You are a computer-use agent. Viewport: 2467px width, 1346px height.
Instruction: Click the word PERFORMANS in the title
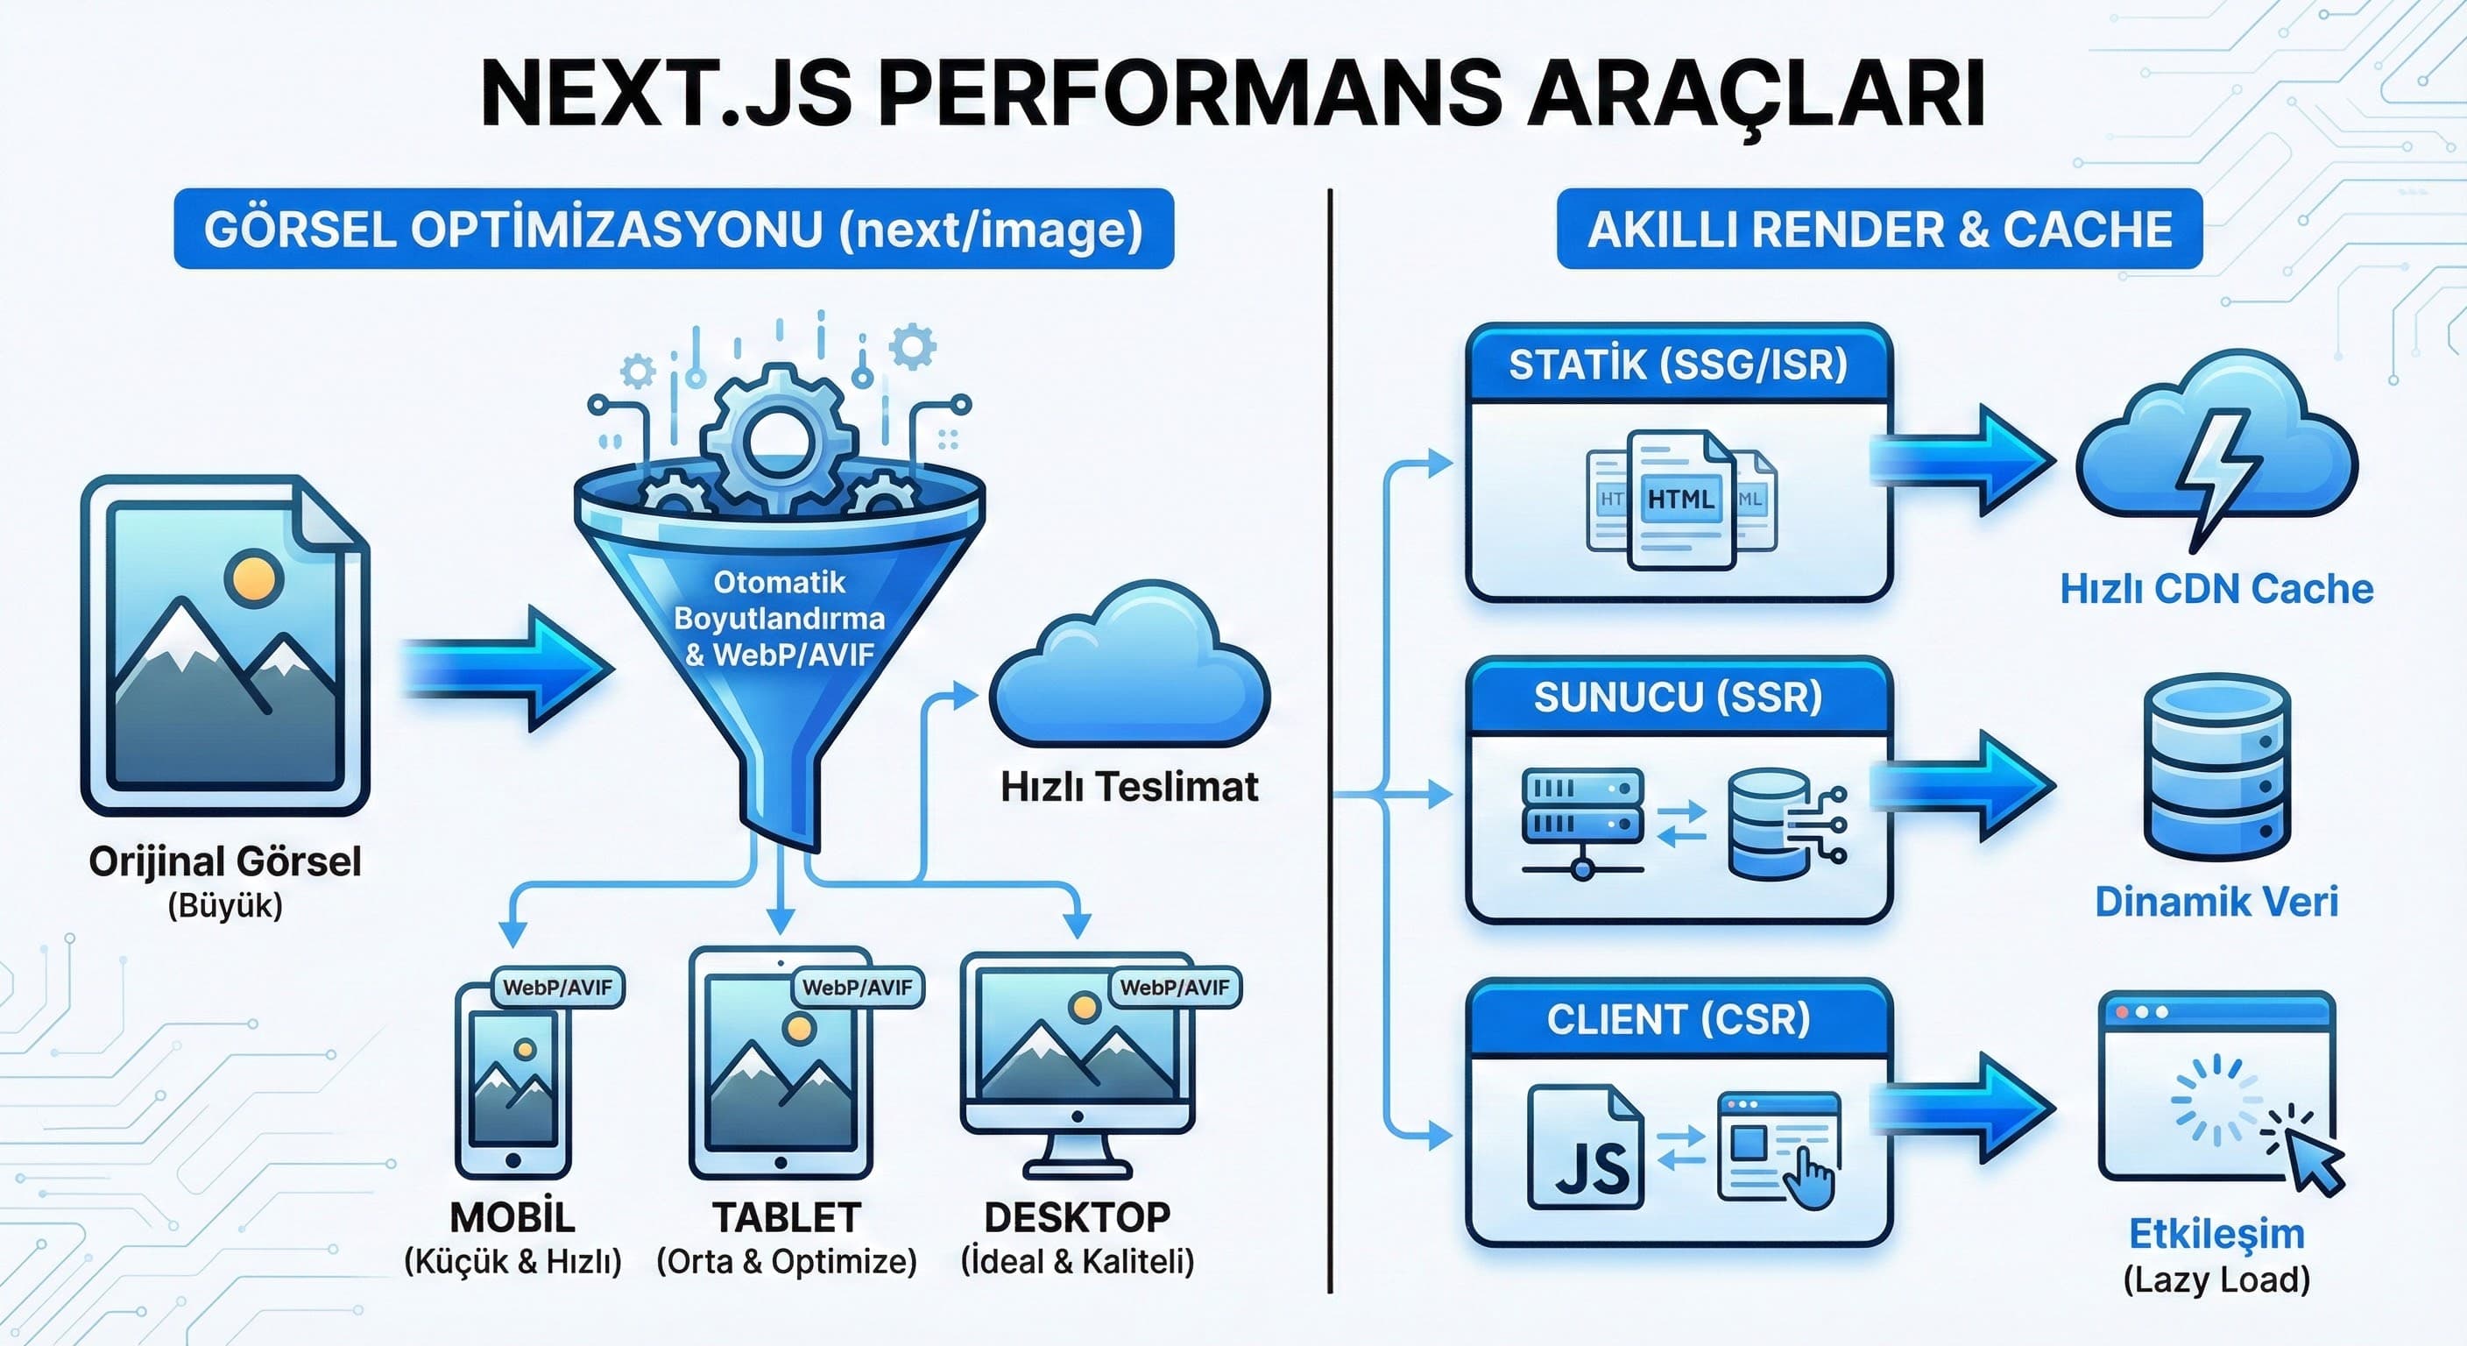click(x=1189, y=93)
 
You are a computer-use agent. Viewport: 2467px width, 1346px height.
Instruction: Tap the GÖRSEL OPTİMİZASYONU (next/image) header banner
click(x=673, y=229)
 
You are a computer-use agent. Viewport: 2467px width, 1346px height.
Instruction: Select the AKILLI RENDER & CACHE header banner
click(x=1879, y=229)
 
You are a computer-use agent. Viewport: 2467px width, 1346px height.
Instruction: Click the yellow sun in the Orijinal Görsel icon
click(x=253, y=577)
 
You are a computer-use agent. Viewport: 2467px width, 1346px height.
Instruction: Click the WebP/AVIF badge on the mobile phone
click(x=557, y=988)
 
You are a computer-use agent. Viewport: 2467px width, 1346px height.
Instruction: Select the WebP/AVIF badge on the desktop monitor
click(x=1174, y=988)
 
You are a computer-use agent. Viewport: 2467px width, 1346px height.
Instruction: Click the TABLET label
click(x=786, y=1216)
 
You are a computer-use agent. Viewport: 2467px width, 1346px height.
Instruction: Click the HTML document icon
click(x=1681, y=499)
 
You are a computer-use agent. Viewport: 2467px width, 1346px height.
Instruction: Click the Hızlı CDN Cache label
click(x=2216, y=588)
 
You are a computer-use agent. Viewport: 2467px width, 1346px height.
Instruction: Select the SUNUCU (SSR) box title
click(x=1678, y=697)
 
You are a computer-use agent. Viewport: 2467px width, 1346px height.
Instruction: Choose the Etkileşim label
click(x=2216, y=1234)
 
